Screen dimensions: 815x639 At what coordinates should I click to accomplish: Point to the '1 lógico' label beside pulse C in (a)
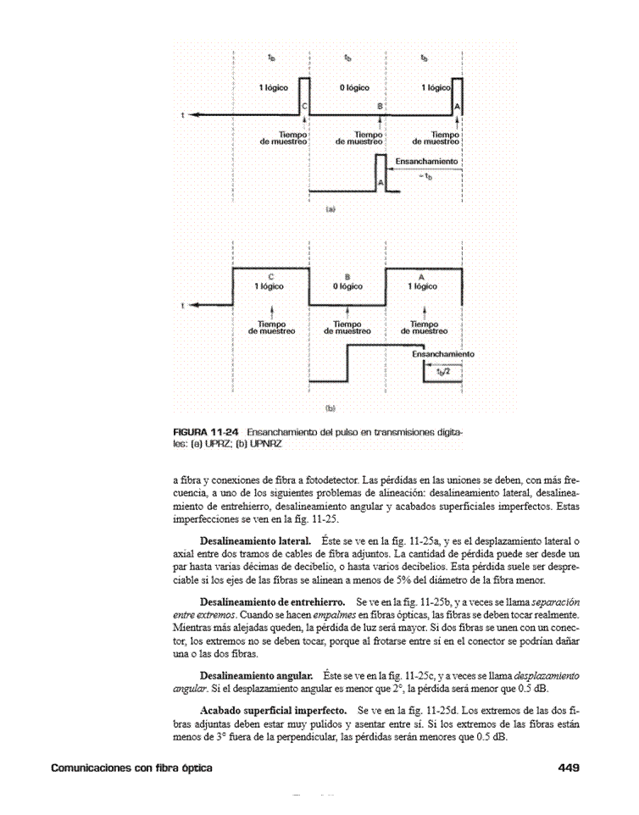275,88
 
